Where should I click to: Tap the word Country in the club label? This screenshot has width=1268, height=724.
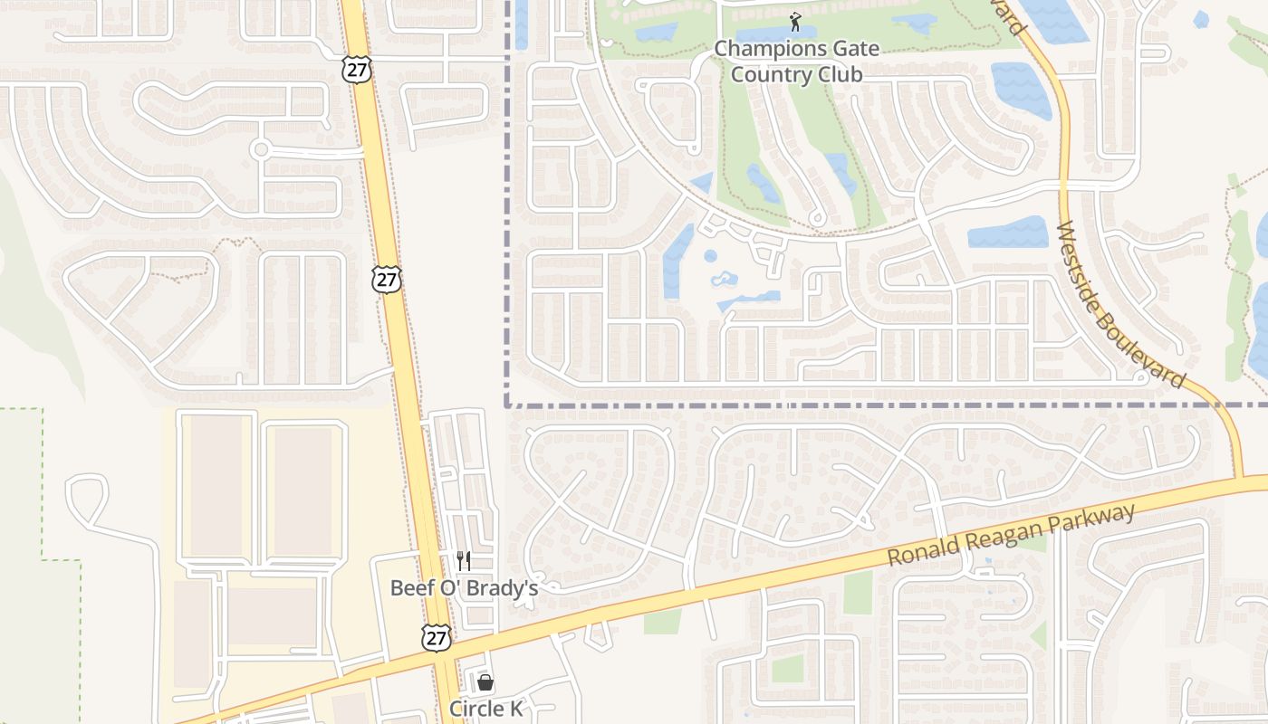click(771, 74)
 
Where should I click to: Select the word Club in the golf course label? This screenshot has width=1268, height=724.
click(839, 74)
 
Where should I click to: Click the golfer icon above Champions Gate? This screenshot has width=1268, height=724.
click(795, 20)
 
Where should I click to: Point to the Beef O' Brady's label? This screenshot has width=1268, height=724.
click(464, 588)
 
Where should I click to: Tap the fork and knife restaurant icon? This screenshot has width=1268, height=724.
click(464, 560)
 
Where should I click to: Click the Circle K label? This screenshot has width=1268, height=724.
click(486, 709)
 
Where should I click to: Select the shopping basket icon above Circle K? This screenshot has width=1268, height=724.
click(485, 682)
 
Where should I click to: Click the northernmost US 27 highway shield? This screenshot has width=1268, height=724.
click(356, 70)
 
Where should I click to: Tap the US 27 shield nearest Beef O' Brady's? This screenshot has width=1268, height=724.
click(436, 636)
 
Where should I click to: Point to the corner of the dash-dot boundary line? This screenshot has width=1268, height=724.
click(507, 405)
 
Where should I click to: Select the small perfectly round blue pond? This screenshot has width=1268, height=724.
click(710, 256)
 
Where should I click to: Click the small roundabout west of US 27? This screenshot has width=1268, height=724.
click(261, 149)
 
